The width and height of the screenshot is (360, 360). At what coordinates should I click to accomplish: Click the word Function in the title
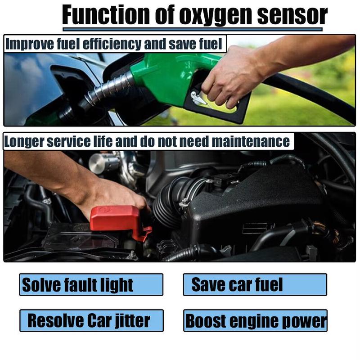(108, 16)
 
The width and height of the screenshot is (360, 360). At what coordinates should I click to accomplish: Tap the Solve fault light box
(91, 284)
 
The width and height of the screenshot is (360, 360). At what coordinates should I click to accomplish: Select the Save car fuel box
(255, 284)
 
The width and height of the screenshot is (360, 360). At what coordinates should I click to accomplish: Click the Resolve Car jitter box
(91, 320)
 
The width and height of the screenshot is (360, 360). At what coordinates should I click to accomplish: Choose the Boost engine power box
(255, 320)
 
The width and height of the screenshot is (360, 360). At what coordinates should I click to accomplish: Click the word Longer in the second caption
(22, 142)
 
